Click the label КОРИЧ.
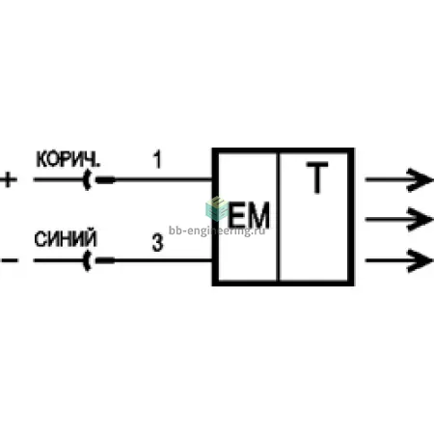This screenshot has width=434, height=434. pos(68,159)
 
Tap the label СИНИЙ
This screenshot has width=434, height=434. pos(66,238)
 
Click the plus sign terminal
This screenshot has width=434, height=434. pos(9,180)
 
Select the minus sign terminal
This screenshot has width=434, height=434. pos(10,260)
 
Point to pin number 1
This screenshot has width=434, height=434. pos(157,159)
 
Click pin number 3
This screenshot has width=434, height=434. pos(157,243)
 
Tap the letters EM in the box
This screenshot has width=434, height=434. pos(248,215)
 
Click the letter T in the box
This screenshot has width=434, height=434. pos(317,177)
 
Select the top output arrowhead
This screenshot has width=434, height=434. pos(420,180)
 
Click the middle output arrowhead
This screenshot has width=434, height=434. pos(420,220)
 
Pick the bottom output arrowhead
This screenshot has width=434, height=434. pos(420,260)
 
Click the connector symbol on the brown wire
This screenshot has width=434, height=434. pos(98,180)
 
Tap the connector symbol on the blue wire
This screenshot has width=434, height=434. pos(98,260)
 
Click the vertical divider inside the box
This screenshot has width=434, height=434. pos(279,217)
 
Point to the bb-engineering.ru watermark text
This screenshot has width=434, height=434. pos(217,231)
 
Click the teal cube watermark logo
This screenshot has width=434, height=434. pos(217,209)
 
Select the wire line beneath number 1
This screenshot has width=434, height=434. pos(163,179)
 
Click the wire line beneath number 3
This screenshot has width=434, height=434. pos(163,260)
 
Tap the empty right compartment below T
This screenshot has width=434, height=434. pos(314,238)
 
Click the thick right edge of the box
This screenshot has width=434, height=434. pos(351,217)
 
